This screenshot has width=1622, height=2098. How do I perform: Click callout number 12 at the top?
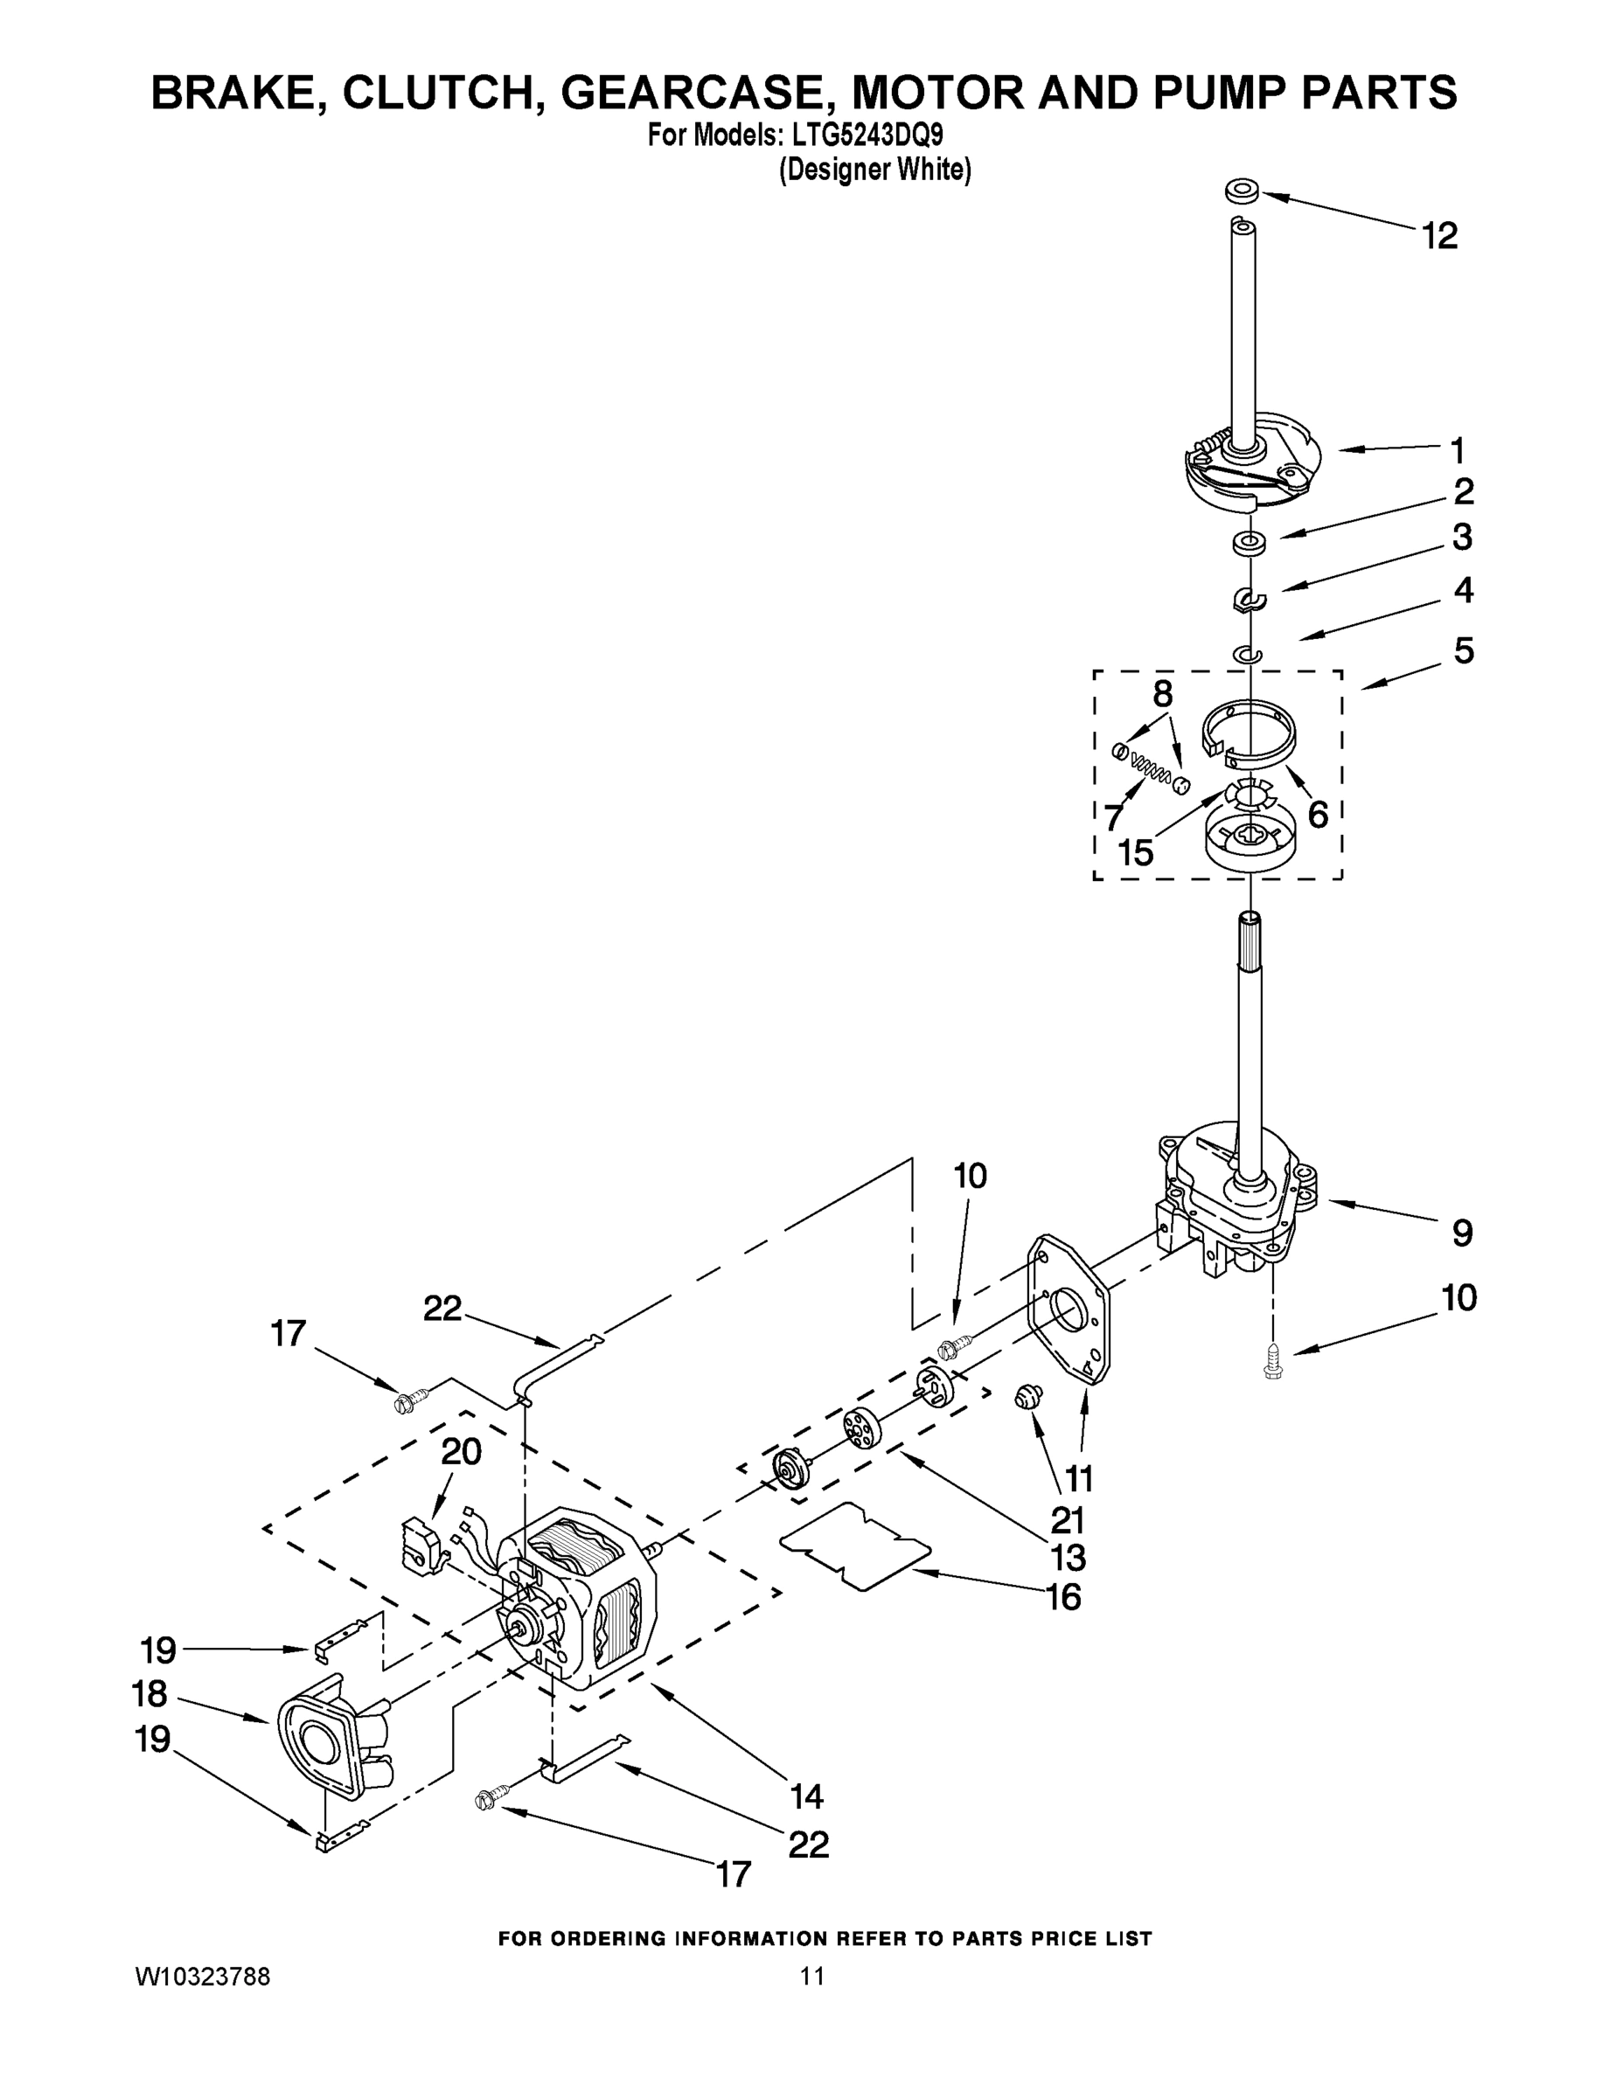click(x=1439, y=235)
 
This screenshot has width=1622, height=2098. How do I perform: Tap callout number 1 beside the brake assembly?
click(x=1457, y=449)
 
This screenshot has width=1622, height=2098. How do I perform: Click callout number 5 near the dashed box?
click(x=1463, y=651)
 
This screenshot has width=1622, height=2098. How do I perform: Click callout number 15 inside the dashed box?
click(x=1136, y=852)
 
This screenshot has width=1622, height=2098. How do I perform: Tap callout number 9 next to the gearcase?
click(x=1461, y=1233)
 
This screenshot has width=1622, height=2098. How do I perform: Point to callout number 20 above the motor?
click(x=460, y=1451)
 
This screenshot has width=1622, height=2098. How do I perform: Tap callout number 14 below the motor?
click(x=806, y=1796)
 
